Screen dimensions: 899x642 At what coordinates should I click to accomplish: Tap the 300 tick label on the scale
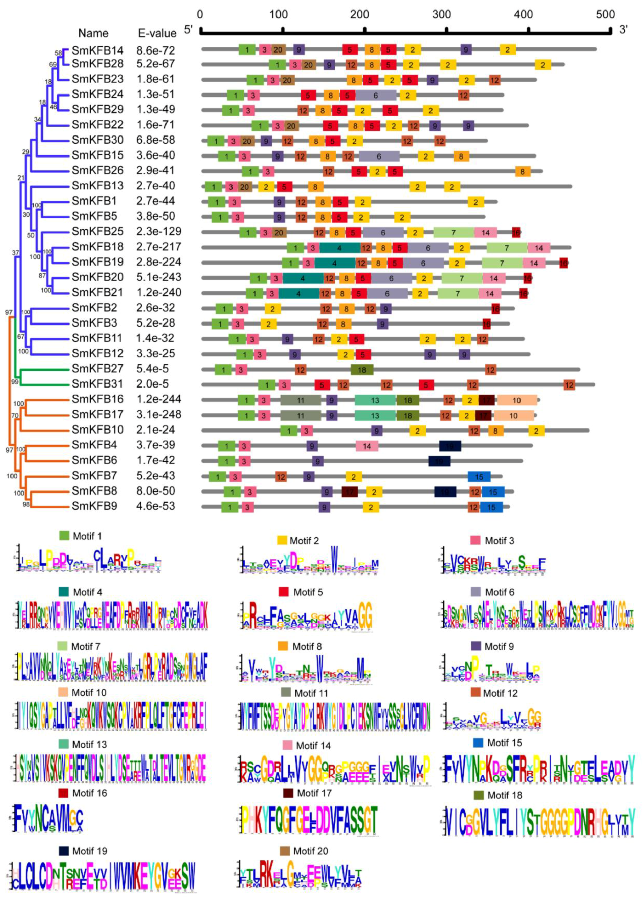(x=441, y=15)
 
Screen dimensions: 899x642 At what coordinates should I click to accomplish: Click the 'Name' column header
(x=93, y=33)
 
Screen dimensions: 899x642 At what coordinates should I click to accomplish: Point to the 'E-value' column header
(x=157, y=33)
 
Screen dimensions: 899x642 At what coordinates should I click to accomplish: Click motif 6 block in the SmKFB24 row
(x=376, y=96)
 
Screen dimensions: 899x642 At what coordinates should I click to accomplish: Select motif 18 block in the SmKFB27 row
(x=362, y=370)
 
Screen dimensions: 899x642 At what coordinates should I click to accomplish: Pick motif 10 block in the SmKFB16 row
(x=517, y=400)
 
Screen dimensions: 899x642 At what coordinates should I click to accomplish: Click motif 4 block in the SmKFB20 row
(x=303, y=278)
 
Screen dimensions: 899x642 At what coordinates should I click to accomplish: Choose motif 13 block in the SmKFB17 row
(x=375, y=416)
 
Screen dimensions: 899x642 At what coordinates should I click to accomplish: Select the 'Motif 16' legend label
(x=90, y=793)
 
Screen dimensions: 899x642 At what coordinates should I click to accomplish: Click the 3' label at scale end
(x=623, y=30)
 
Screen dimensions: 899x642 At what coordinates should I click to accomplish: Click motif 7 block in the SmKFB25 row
(x=453, y=233)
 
